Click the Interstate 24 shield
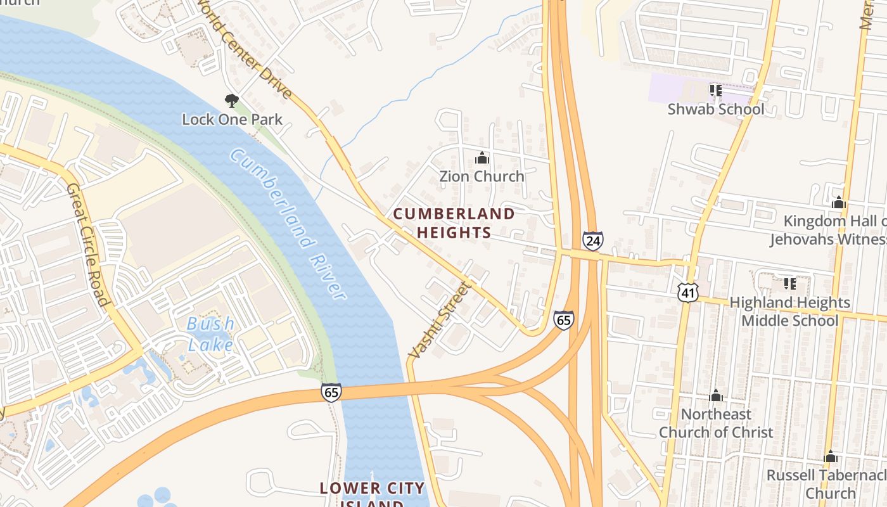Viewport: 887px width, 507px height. point(592,241)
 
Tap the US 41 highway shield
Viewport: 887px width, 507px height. point(687,292)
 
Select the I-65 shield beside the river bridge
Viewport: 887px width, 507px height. point(331,392)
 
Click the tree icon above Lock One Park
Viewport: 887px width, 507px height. point(232,100)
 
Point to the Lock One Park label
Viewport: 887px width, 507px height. point(232,119)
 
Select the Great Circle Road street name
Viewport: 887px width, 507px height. point(89,244)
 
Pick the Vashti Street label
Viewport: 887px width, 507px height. point(441,320)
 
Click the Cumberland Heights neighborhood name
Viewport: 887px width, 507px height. point(454,223)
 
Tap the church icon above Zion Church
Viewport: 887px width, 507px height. point(482,158)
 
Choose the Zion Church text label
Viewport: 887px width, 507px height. point(482,176)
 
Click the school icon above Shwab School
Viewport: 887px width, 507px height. point(716,91)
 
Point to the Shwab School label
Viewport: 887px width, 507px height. point(716,109)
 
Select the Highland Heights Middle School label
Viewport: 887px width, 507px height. point(789,311)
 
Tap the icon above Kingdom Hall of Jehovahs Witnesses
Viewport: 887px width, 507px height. point(839,203)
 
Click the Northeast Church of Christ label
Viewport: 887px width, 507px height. point(716,423)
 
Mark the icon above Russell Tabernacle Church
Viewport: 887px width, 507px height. point(831,457)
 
